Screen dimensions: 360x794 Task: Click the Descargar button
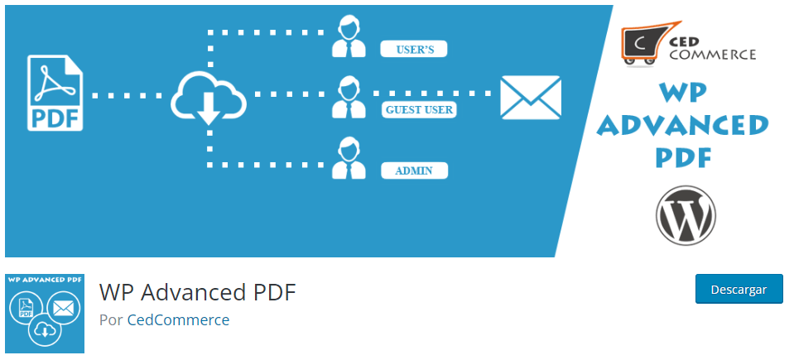pos(739,290)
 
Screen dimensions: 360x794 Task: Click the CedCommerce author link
pos(178,319)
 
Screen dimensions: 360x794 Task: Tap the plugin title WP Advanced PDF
pos(197,292)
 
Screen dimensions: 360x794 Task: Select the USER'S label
pos(414,50)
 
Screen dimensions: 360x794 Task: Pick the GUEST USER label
pos(419,109)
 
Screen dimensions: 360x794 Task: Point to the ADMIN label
pos(414,171)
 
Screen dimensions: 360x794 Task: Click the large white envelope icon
pos(531,98)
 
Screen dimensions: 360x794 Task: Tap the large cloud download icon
pos(209,98)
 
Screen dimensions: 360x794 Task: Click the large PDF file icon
pos(56,93)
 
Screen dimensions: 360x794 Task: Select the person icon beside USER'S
pos(349,38)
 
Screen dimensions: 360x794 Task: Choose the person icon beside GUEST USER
pos(349,98)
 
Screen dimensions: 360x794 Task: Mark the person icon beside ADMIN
pos(349,159)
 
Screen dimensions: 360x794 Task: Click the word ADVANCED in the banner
pos(683,125)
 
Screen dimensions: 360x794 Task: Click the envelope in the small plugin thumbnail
pos(63,310)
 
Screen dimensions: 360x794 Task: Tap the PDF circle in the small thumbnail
pos(26,310)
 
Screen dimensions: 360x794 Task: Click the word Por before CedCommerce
pos(111,319)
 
